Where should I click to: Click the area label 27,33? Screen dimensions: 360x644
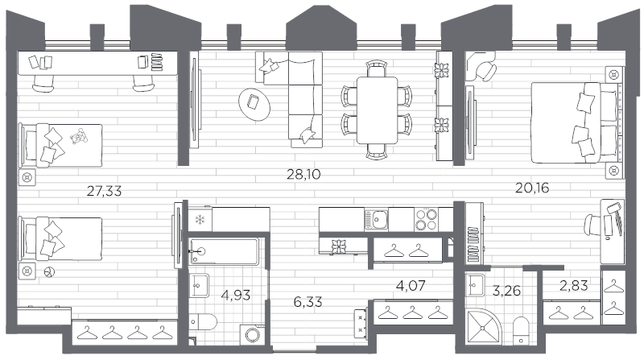coord(109,190)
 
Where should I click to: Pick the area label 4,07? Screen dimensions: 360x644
coord(410,284)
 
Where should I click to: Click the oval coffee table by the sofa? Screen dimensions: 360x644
coord(255,103)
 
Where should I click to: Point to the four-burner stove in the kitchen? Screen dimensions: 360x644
coord(426,218)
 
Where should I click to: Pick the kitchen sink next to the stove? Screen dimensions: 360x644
coord(378,218)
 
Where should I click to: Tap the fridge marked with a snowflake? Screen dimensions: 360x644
coord(199,219)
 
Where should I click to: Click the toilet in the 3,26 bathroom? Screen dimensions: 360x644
coord(520,328)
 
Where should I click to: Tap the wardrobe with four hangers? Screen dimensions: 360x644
coord(125,331)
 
